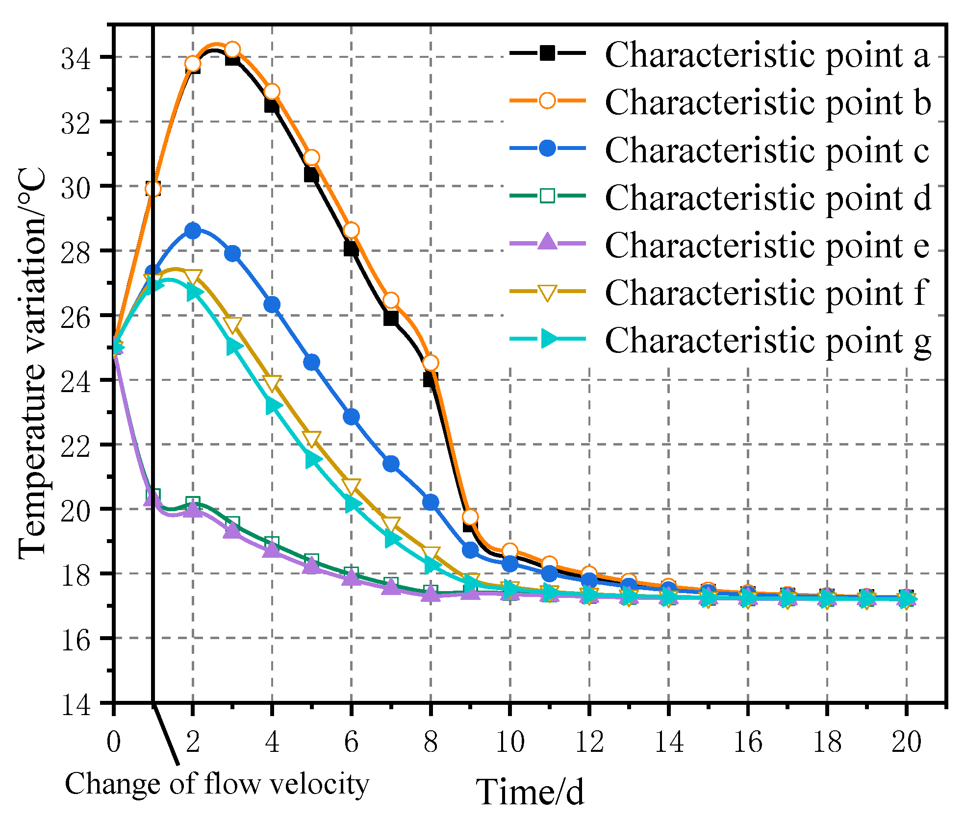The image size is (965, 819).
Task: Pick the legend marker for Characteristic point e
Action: click(x=547, y=243)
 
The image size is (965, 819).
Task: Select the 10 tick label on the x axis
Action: click(x=510, y=742)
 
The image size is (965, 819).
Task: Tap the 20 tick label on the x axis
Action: click(x=906, y=742)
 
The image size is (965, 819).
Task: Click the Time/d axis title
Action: click(x=530, y=793)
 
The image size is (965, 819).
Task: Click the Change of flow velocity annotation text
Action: click(x=217, y=784)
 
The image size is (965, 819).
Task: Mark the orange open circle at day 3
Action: click(x=232, y=50)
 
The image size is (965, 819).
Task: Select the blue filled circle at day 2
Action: click(x=193, y=230)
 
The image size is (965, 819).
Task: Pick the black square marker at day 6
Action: click(x=351, y=249)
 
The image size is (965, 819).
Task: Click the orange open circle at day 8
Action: click(x=430, y=363)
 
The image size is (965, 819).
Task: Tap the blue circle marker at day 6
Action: click(x=351, y=417)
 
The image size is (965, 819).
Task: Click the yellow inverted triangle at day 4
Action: click(x=272, y=383)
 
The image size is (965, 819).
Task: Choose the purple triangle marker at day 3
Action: click(x=232, y=531)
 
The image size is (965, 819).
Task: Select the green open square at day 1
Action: click(x=153, y=496)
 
